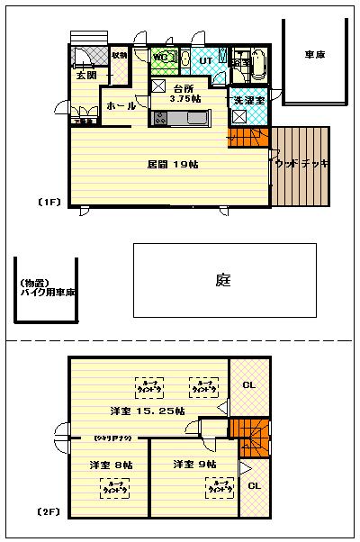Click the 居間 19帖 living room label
(167, 165)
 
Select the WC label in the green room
(162, 59)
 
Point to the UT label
(205, 60)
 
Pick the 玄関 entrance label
(85, 77)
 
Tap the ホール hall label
(121, 106)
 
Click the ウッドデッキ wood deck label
(302, 164)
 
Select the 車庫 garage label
(314, 55)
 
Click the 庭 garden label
(224, 280)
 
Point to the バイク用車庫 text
(47, 294)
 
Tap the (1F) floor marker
(49, 202)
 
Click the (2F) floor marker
(49, 511)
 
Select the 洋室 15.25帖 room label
(148, 411)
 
